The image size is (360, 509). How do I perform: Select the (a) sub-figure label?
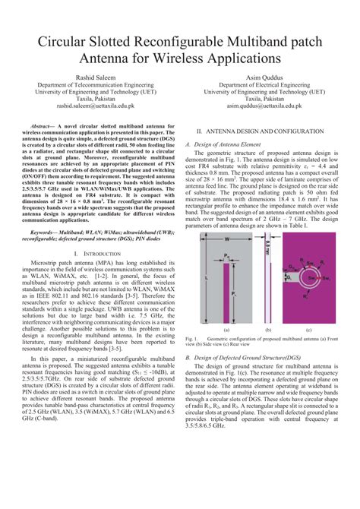[226, 330]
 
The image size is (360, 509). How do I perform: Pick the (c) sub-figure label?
[308, 330]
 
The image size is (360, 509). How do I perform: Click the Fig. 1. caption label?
[192, 338]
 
